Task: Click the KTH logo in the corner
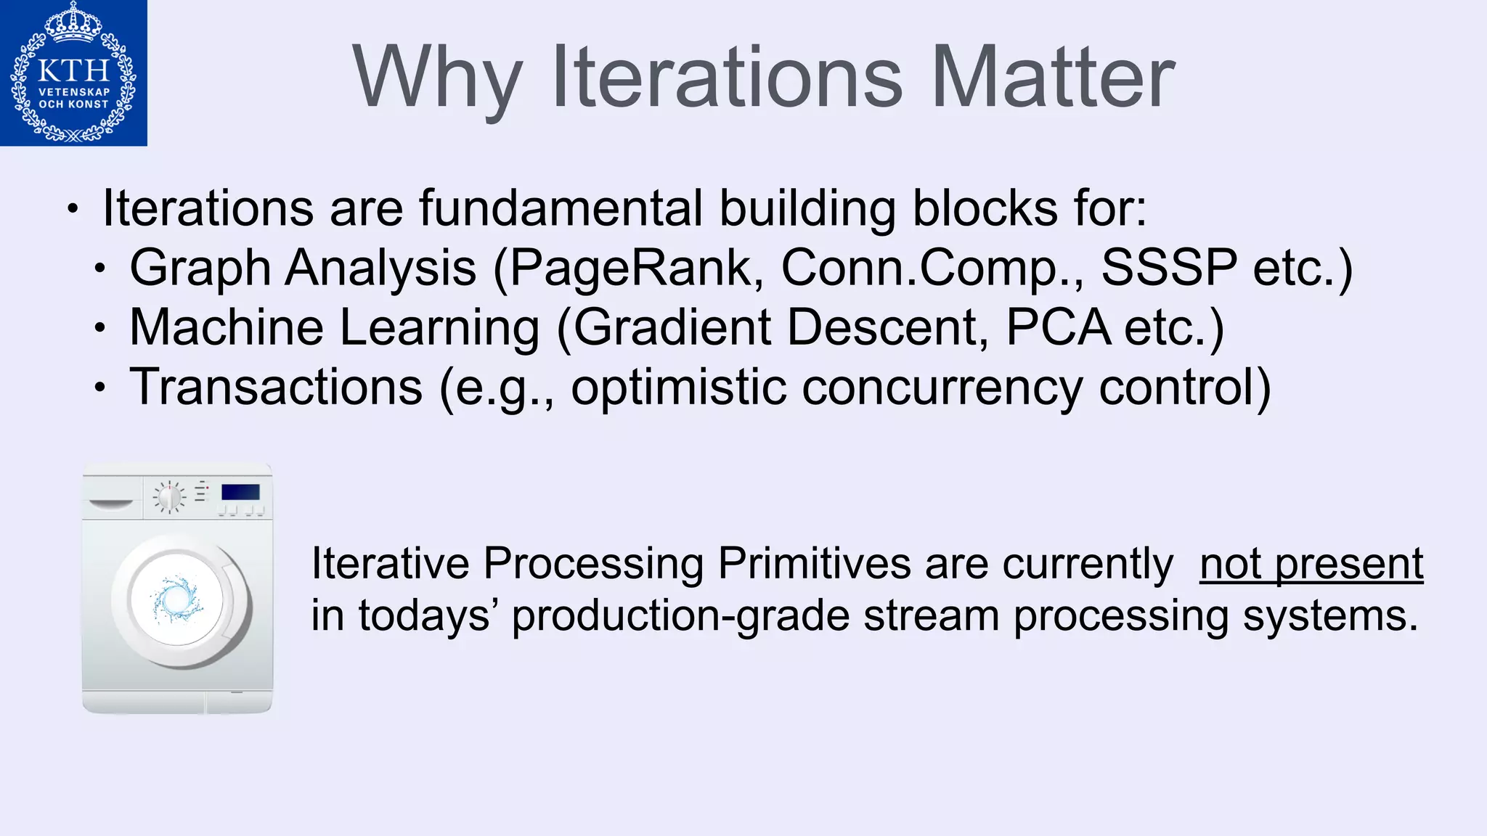pyautogui.click(x=73, y=73)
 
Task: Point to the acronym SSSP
pyautogui.click(x=1168, y=268)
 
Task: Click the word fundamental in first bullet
pyautogui.click(x=561, y=208)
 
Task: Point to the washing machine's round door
pyautogui.click(x=178, y=599)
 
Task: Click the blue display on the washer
pyautogui.click(x=240, y=493)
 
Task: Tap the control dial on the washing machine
pyautogui.click(x=169, y=497)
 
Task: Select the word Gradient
pyautogui.click(x=672, y=327)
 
